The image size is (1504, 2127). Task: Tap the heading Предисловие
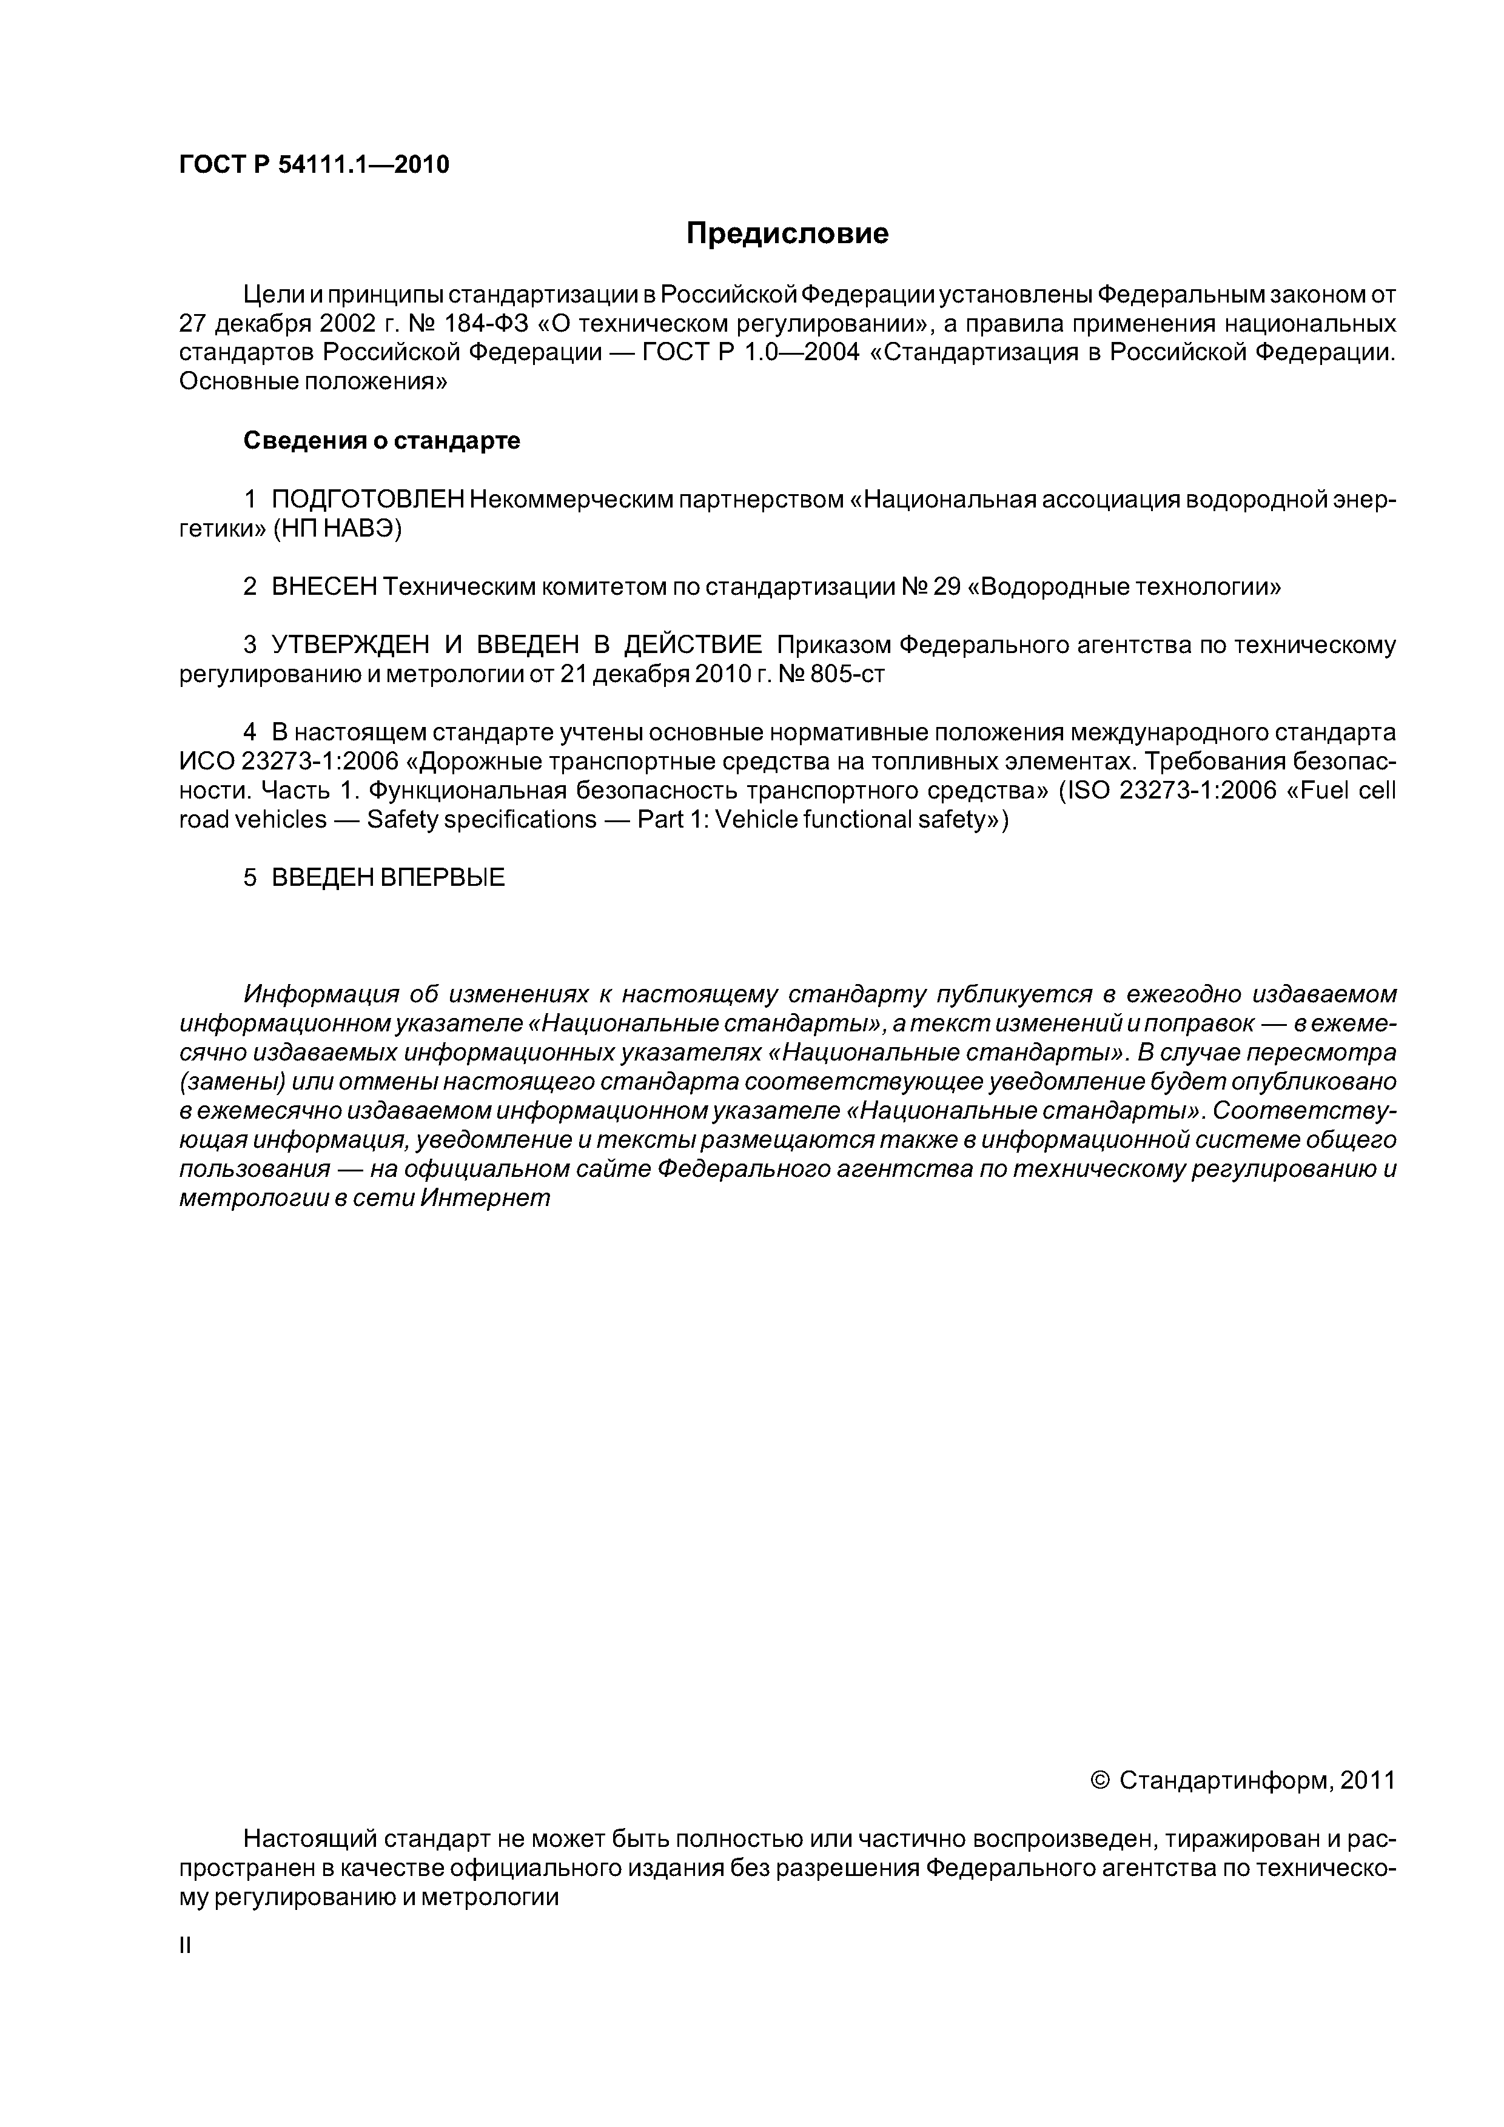click(787, 233)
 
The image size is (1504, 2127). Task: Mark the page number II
click(184, 1946)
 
